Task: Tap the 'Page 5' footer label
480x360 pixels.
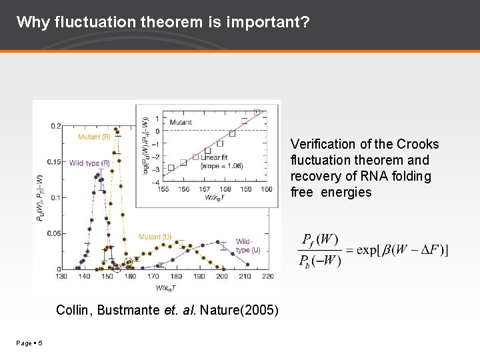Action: point(30,343)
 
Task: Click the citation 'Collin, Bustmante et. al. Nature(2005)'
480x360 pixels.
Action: point(167,310)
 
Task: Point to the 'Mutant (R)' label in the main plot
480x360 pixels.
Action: point(94,137)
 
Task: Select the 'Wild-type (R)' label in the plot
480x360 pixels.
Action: point(91,163)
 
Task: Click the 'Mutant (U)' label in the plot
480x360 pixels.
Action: point(155,237)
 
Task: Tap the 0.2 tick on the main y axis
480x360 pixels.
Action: point(56,126)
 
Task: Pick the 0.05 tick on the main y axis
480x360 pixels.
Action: point(53,233)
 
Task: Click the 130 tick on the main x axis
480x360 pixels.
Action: point(61,276)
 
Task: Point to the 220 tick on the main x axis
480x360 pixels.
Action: point(267,276)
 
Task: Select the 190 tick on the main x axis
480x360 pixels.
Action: point(199,276)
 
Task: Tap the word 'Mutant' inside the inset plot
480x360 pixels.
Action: point(181,122)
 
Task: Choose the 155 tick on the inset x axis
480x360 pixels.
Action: point(163,189)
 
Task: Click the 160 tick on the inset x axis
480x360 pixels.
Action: point(266,189)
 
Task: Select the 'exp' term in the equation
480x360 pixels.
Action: point(367,250)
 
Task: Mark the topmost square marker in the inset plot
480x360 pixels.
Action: point(257,112)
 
